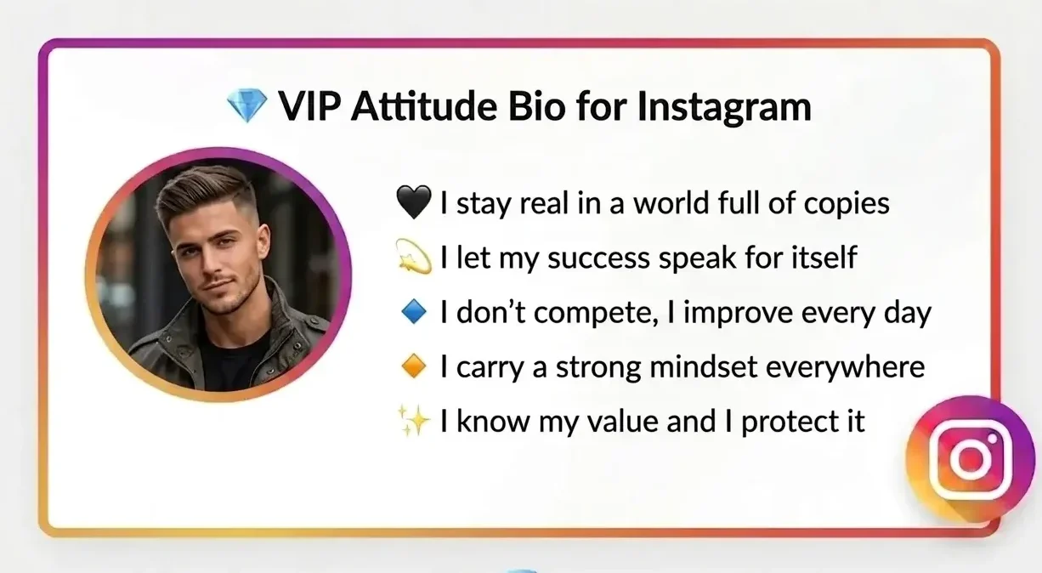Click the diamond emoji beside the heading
pyautogui.click(x=246, y=107)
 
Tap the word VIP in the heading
pyautogui.click(x=309, y=107)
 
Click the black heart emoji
pyautogui.click(x=416, y=202)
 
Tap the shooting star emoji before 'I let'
pyautogui.click(x=416, y=258)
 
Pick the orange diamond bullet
pyautogui.click(x=415, y=367)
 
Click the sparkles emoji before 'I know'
pyautogui.click(x=416, y=421)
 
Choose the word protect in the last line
pyautogui.click(x=790, y=422)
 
